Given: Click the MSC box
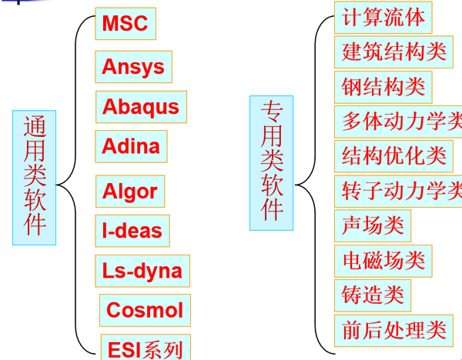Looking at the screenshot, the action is (x=126, y=24).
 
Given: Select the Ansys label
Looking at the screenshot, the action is (x=133, y=67).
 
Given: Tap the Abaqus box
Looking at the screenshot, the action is (x=141, y=107).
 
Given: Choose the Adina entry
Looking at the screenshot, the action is (x=131, y=146).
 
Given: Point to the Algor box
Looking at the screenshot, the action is (x=130, y=192).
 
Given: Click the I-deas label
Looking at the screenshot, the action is (x=132, y=231).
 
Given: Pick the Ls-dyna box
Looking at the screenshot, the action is (x=142, y=271).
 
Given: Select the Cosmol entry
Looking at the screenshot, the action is (x=145, y=310).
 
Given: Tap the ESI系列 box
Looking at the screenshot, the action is (x=146, y=347).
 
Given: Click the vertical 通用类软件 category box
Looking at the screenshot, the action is (x=34, y=178).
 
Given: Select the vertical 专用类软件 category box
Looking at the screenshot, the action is (x=271, y=163).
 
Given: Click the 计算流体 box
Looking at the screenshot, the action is (x=383, y=18).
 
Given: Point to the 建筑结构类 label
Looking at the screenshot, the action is (x=393, y=52).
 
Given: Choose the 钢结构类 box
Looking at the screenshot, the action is (x=383, y=87).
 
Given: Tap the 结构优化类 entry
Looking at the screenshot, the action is (x=393, y=156).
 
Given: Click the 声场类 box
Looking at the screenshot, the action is (x=373, y=226).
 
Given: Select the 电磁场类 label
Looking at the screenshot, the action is (x=383, y=261).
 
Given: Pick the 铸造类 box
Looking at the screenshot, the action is (x=373, y=295).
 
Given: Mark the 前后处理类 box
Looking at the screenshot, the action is (x=393, y=331).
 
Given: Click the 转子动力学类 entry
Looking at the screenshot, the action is (x=398, y=192).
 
